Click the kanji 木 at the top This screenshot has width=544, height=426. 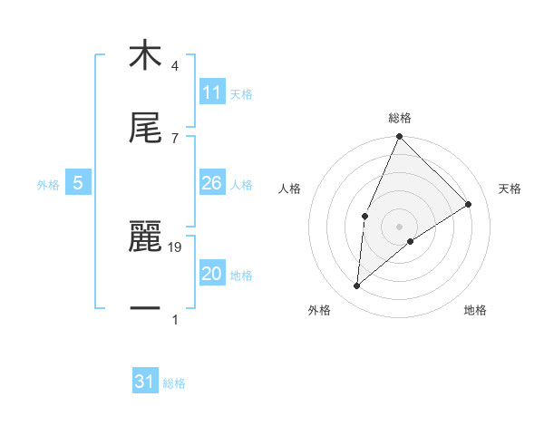pos(145,55)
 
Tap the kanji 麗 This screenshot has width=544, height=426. pos(145,237)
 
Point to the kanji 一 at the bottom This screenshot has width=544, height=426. pos(145,309)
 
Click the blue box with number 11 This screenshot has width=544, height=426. pos(211,93)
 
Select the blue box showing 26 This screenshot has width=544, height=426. pos(211,184)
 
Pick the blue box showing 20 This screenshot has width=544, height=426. pos(211,275)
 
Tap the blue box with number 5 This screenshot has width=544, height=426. pos(78,184)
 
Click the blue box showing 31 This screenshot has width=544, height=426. pos(145,382)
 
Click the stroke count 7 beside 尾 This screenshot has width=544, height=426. pos(175,138)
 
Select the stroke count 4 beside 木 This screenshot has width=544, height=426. pos(175,66)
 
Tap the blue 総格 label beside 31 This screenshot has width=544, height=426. pos(174,383)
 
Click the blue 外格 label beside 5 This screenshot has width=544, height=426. pos(48,185)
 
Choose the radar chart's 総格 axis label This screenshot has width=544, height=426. pos(400,118)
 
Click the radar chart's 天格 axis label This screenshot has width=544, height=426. pos(510,189)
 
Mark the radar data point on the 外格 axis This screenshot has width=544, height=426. pos(357,286)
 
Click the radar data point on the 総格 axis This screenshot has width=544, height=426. pos(400,137)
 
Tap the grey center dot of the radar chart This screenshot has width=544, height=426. pos(400,226)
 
